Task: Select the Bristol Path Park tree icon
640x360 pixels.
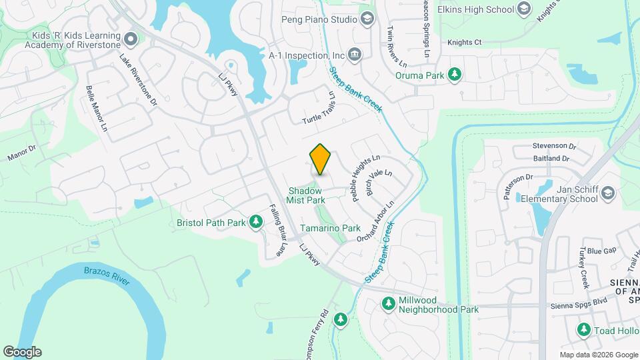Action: [x=256, y=221]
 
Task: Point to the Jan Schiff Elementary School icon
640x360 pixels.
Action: [x=607, y=193]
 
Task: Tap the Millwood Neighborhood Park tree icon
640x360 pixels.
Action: [x=388, y=304]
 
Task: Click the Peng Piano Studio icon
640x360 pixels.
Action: [x=366, y=19]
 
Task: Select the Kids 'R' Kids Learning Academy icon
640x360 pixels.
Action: [x=130, y=39]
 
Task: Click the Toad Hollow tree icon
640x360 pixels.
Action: [x=584, y=329]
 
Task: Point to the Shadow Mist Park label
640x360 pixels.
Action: [x=306, y=195]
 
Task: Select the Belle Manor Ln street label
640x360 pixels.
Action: [x=96, y=107]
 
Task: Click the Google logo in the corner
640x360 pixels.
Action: [x=22, y=351]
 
